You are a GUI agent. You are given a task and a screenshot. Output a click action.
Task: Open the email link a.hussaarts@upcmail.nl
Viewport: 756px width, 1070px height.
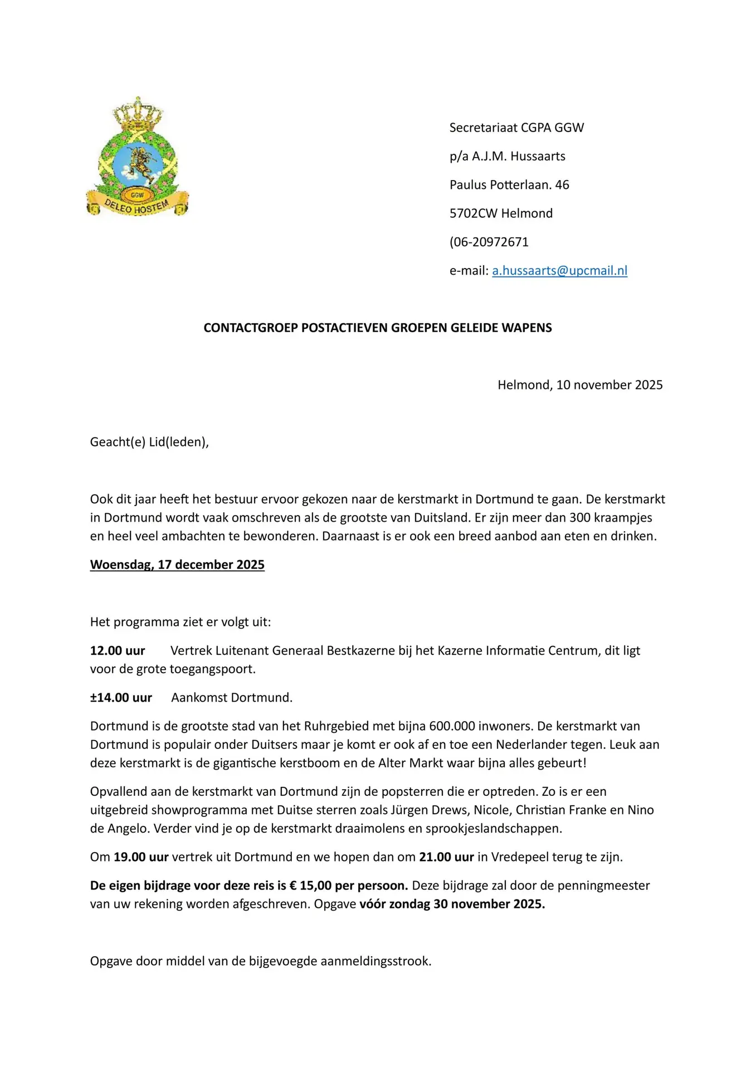559,271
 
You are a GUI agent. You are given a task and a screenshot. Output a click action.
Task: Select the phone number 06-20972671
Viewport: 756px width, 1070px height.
491,242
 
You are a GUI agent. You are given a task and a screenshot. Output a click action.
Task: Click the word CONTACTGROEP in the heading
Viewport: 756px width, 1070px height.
251,328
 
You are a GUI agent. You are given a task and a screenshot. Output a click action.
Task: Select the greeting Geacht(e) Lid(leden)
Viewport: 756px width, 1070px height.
149,442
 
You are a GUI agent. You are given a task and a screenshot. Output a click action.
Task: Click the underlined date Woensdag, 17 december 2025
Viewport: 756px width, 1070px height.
177,565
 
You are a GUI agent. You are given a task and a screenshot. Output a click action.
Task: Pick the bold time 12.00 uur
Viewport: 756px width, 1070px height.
118,651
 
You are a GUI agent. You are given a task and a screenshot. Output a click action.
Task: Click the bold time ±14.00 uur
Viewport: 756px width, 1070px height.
121,698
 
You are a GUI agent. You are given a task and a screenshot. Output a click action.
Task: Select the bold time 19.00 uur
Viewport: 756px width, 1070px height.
141,857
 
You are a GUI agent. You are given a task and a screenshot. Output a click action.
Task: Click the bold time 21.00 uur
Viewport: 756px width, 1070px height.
446,857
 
